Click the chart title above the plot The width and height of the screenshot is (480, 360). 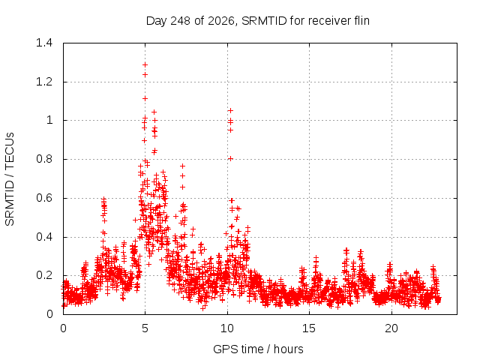[258, 21]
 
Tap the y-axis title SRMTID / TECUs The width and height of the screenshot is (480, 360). [10, 179]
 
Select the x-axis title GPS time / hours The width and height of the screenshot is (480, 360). [258, 349]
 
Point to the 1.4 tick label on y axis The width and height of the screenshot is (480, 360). [44, 43]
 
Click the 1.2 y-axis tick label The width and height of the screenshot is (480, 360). [44, 82]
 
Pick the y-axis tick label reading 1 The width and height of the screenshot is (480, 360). [49, 120]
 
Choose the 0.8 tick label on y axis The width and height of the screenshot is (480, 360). [44, 159]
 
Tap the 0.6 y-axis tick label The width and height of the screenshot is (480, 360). [44, 198]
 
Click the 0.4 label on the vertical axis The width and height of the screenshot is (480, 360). [44, 237]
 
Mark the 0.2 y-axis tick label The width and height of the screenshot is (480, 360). [44, 275]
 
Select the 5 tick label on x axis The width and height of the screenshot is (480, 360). [145, 328]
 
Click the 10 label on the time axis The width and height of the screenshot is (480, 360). [227, 328]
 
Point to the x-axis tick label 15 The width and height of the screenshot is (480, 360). [309, 328]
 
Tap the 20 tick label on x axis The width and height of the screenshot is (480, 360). [391, 328]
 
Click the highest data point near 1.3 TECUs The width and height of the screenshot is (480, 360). [145, 64]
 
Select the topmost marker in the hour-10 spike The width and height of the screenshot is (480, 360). [230, 110]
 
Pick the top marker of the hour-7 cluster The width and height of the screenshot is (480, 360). [182, 166]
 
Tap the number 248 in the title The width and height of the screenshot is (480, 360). [181, 21]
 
